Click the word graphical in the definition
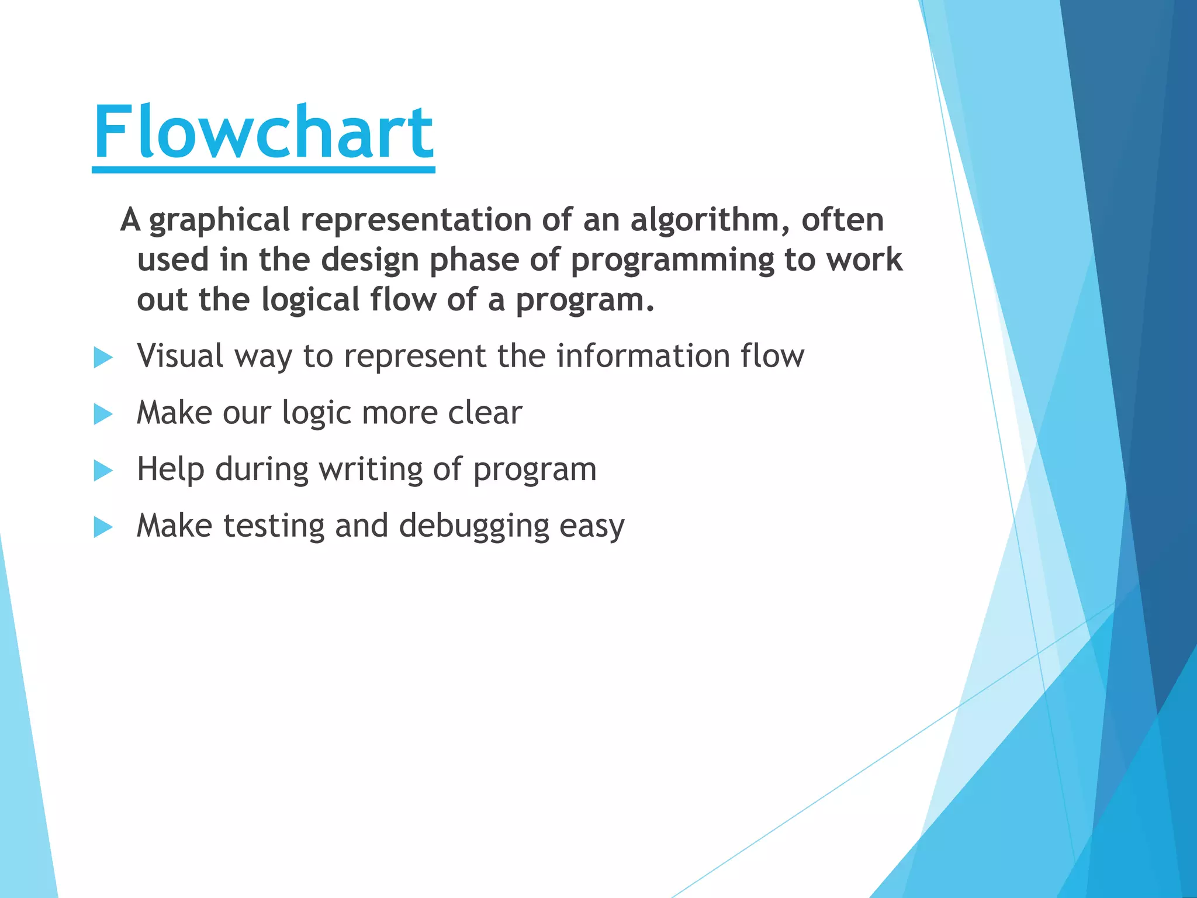[x=219, y=221]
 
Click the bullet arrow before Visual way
[x=103, y=357]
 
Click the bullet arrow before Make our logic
[x=103, y=414]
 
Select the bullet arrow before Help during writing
[x=103, y=470]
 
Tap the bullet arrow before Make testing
[x=103, y=527]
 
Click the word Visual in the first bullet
[x=180, y=355]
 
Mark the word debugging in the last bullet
[x=474, y=526]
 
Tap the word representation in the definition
[x=415, y=221]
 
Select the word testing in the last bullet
[x=274, y=526]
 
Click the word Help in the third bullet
[x=170, y=469]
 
